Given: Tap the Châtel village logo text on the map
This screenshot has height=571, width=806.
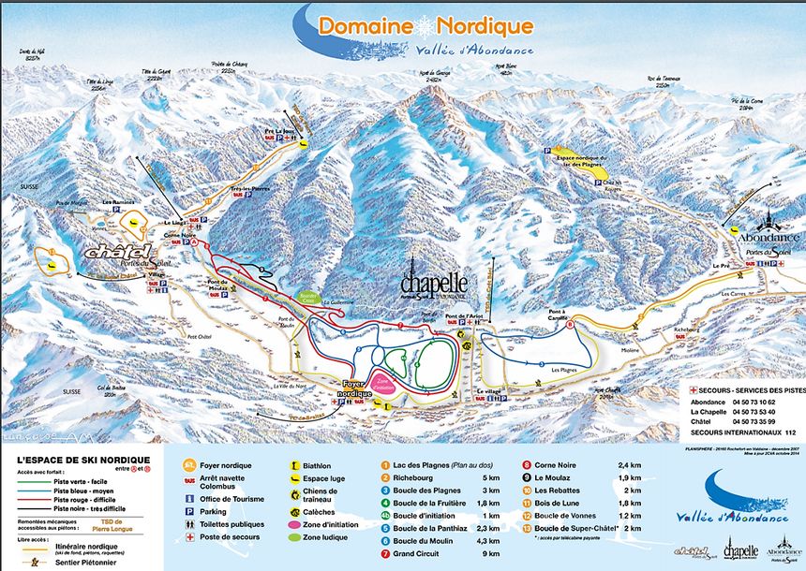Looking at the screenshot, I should pos(118,252).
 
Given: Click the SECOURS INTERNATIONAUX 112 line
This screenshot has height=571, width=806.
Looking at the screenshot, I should pos(746,432).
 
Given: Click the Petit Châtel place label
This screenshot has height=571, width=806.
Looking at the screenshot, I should pos(199,335).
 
